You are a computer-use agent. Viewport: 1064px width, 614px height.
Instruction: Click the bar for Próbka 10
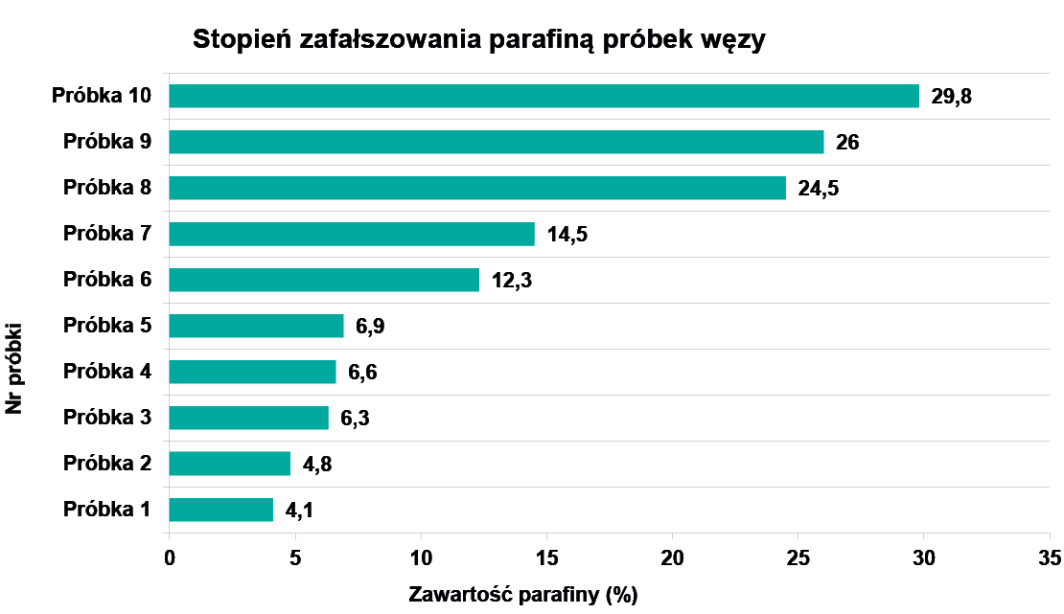[544, 96]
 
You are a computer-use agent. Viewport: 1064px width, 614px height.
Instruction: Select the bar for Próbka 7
[352, 234]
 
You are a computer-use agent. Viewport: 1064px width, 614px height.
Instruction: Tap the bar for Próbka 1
[221, 510]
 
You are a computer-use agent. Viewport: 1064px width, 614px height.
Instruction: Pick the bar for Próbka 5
[256, 326]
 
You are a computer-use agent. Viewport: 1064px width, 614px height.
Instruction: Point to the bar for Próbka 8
[477, 188]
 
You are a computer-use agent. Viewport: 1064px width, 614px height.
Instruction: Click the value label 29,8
[953, 97]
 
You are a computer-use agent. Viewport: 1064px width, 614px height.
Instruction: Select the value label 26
[847, 143]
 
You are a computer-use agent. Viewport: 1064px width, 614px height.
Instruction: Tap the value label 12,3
[512, 281]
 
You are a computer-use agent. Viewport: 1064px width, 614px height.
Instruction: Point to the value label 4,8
[317, 465]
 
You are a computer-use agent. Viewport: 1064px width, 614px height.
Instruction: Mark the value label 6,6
[362, 373]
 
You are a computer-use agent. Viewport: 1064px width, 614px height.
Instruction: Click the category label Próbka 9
[107, 142]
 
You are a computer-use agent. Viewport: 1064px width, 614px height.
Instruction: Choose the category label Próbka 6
[107, 280]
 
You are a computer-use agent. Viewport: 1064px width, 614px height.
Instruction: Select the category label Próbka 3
[107, 418]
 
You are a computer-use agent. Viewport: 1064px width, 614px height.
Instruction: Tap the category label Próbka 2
[107, 464]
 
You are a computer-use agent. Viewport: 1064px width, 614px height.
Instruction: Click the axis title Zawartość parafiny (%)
[523, 595]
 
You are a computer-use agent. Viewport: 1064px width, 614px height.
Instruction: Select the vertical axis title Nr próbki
[14, 369]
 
